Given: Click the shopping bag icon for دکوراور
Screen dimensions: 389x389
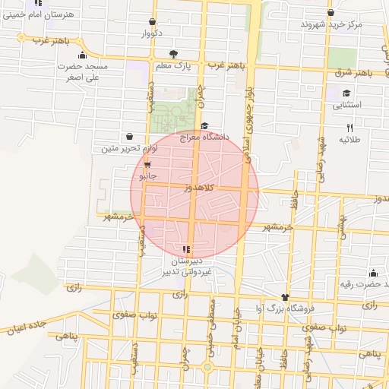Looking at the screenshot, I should click(x=153, y=22).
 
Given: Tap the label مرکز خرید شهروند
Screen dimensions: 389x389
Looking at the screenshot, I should click(x=330, y=24).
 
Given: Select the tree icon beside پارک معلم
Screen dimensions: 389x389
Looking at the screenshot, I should click(x=174, y=54).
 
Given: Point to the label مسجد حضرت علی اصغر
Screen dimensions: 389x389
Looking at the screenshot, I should click(x=84, y=71).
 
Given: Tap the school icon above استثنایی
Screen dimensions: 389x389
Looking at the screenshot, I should click(x=335, y=93).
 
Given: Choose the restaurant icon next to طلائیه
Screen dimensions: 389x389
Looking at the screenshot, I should click(x=349, y=128).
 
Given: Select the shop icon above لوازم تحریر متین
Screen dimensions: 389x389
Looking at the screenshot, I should click(x=129, y=137).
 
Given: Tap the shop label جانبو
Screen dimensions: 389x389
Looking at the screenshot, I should click(x=147, y=176).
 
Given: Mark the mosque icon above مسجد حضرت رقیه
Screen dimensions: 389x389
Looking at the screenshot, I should click(x=372, y=274).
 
